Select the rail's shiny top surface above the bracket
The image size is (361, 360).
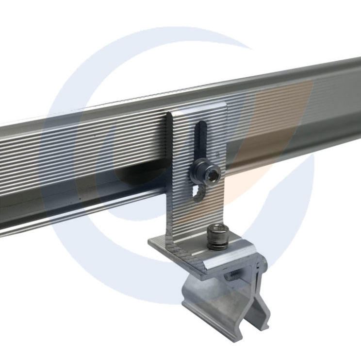coord(204,97)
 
